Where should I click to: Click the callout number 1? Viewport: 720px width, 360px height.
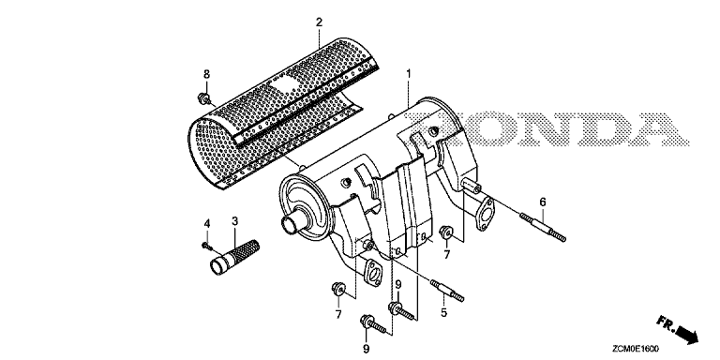coord(409,73)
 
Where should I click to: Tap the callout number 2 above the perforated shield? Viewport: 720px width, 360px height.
coord(319,22)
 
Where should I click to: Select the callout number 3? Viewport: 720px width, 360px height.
coord(234,222)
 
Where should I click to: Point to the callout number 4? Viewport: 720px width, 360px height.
coord(207,224)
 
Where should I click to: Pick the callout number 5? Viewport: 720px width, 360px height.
coord(443,313)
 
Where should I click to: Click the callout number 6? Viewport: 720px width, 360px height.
coord(543,202)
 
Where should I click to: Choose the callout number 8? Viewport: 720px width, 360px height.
coord(206,74)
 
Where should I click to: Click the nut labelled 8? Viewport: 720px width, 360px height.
coord(202,97)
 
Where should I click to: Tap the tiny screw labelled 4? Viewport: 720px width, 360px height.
coord(206,247)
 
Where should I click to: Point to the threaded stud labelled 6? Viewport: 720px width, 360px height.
coord(542,226)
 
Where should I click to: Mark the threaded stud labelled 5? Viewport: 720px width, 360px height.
coord(447,291)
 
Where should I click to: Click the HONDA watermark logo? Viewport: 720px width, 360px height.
coord(546,129)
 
